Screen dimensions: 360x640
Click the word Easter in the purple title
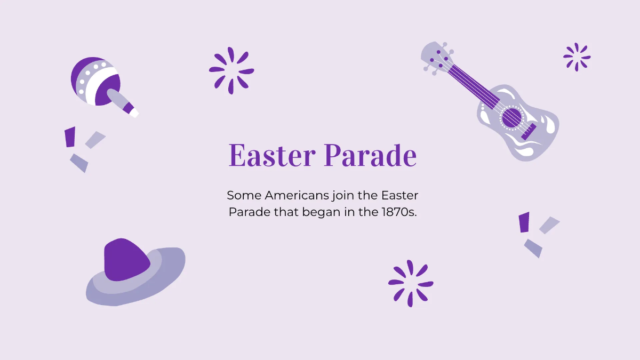coord(272,156)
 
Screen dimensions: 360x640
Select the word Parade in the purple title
coord(370,156)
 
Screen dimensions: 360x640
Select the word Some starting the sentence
coord(243,195)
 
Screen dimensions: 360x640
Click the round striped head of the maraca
coord(95,81)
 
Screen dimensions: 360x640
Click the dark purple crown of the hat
coord(126,260)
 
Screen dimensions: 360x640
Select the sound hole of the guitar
coord(511,118)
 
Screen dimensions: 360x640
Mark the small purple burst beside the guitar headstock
coord(577,57)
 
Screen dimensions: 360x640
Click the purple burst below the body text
coord(410,283)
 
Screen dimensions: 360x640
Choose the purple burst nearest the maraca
coord(231,70)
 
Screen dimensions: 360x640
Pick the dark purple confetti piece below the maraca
coord(70,137)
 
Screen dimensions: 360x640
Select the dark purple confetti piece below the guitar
coord(524,222)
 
